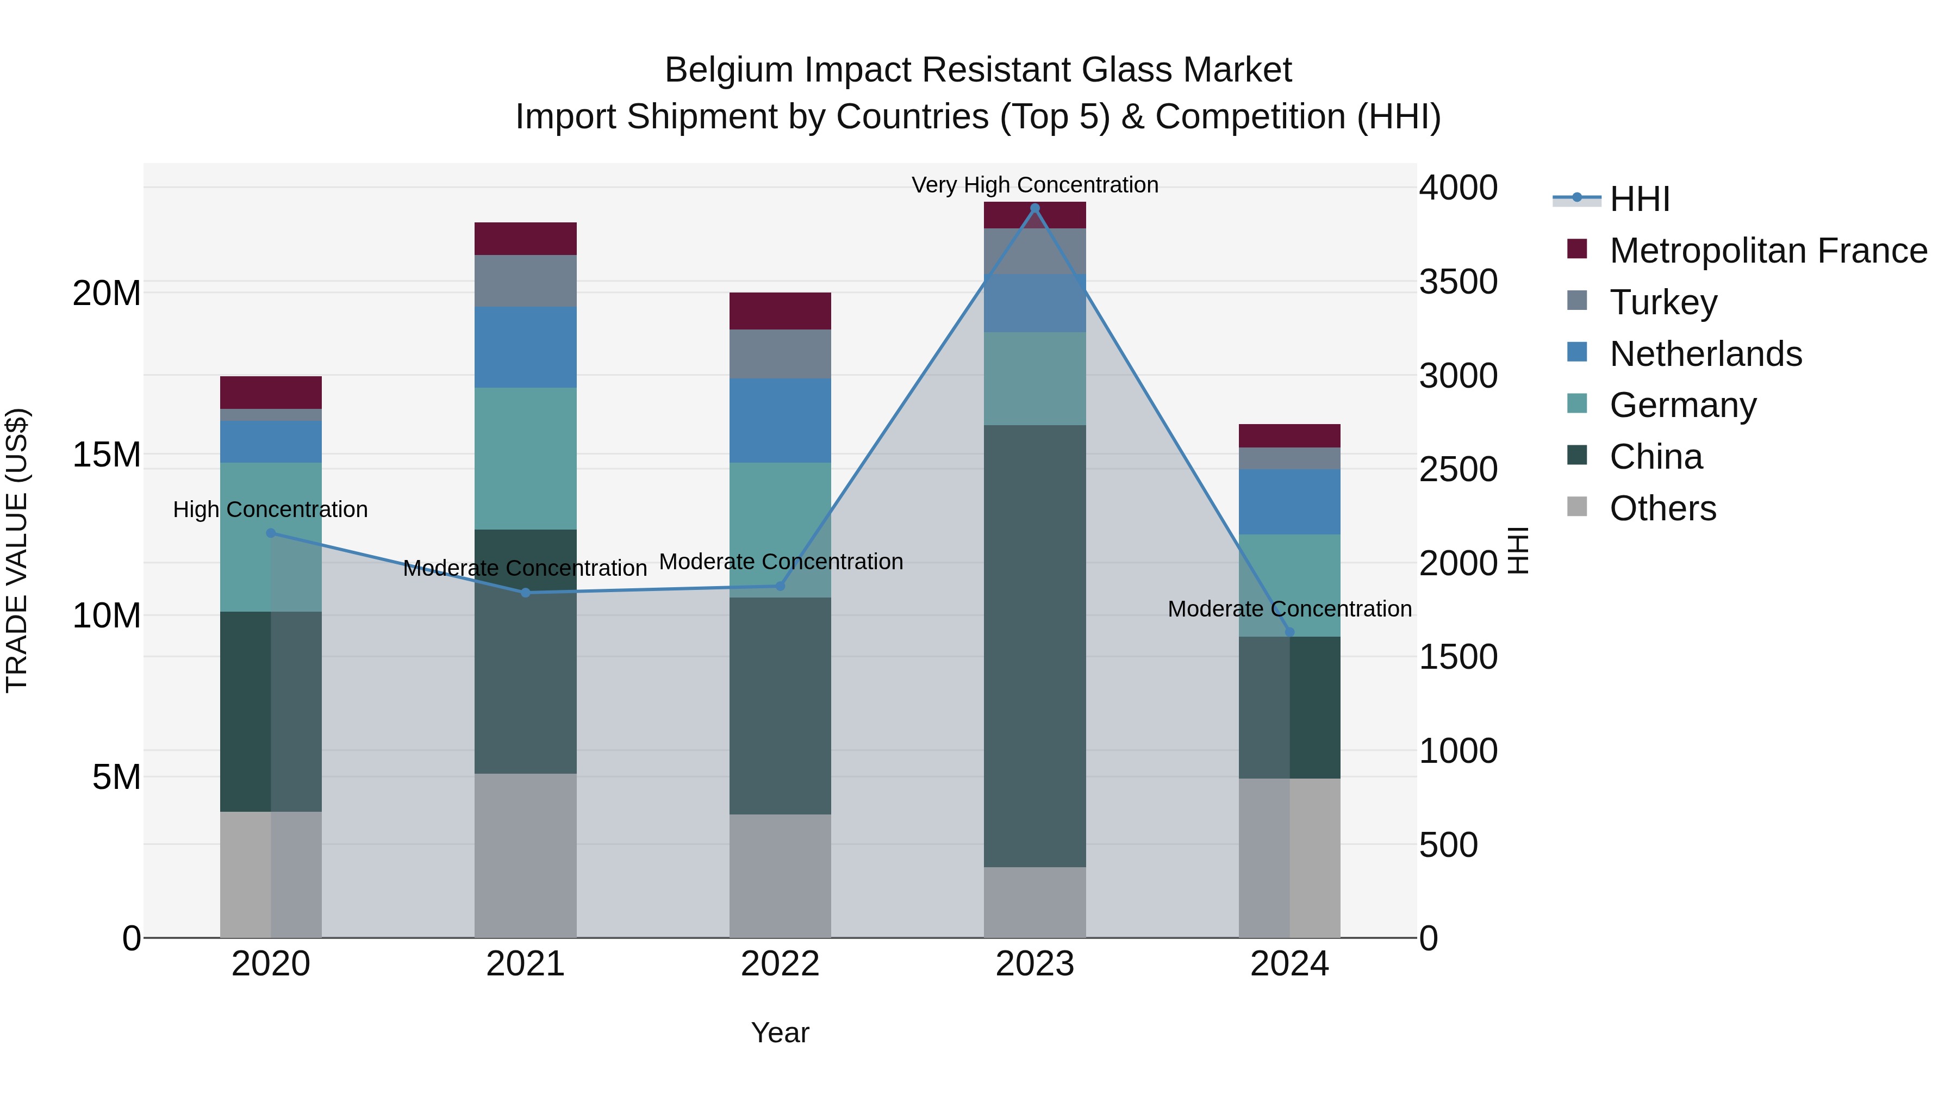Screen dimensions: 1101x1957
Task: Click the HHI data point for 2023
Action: pos(1034,208)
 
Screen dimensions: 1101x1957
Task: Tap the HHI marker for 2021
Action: pos(526,593)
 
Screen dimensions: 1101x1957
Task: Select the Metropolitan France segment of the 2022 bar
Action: pos(780,311)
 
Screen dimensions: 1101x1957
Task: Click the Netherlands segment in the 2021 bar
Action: pos(526,347)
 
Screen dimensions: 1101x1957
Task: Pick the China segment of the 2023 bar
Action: pos(1034,646)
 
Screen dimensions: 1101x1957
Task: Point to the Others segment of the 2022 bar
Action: pos(780,875)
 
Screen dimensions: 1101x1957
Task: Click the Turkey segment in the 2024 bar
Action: pos(1289,458)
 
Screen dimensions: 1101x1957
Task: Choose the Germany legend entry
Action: pos(1682,405)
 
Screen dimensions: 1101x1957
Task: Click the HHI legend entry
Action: pos(1640,199)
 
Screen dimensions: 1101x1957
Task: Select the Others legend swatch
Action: pos(1577,507)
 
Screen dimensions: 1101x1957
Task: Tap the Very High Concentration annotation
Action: pos(1034,185)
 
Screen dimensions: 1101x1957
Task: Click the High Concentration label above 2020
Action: pos(271,509)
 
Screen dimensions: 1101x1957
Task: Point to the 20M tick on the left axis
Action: pos(107,293)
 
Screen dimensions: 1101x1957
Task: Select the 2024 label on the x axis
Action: pos(1289,964)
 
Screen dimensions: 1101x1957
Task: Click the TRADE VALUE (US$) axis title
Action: pos(17,550)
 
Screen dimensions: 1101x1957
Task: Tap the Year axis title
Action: pos(780,1032)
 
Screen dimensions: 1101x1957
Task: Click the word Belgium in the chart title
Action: pos(730,70)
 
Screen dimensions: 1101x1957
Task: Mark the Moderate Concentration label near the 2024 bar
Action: pos(1289,608)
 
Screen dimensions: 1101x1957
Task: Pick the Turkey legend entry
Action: pos(1663,302)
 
